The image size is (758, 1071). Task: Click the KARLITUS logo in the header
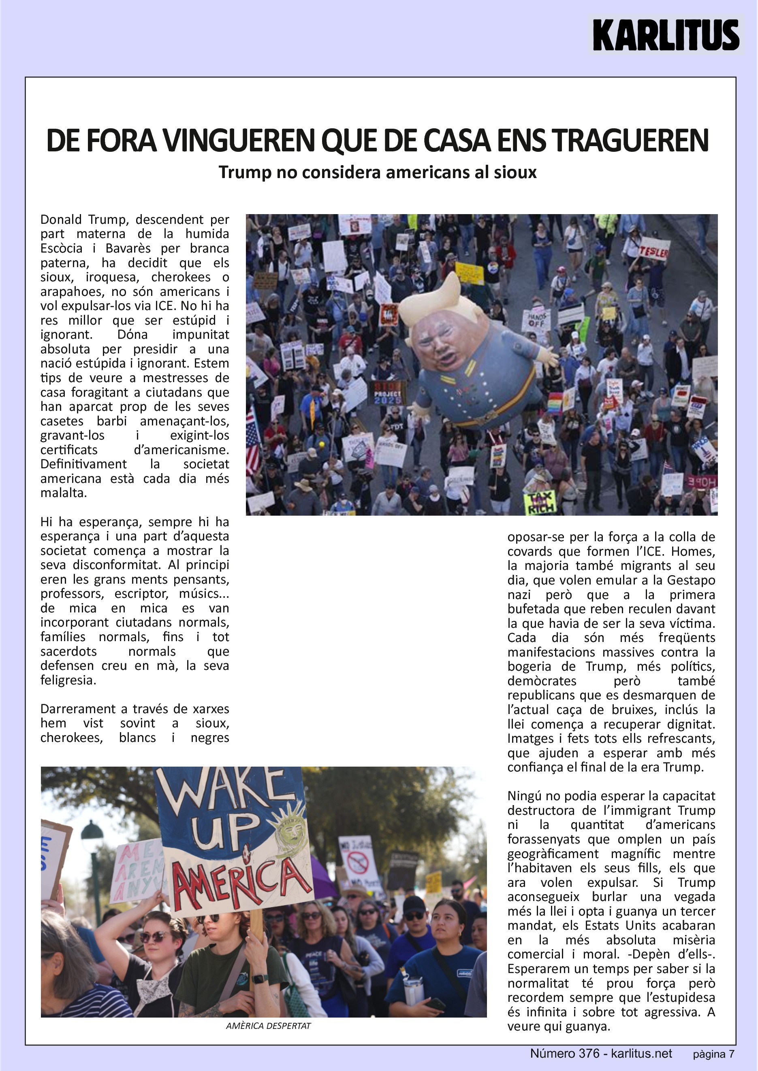666,34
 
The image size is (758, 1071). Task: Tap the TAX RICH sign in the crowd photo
541,502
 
